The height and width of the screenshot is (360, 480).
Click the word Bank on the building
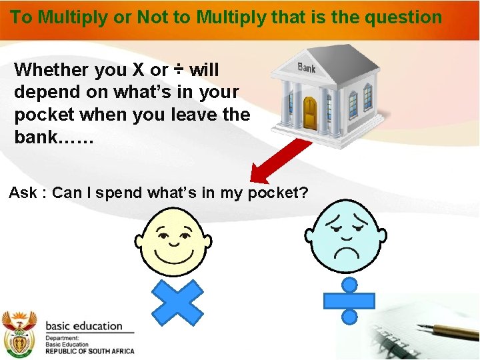(307, 68)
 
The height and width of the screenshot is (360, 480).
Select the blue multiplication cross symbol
(177, 302)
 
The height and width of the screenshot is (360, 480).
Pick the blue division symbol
(349, 300)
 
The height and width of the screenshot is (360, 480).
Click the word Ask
(23, 193)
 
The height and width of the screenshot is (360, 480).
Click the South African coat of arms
(19, 333)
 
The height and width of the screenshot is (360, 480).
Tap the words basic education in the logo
(83, 326)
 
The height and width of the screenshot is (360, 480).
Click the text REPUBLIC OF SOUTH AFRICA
(89, 351)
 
